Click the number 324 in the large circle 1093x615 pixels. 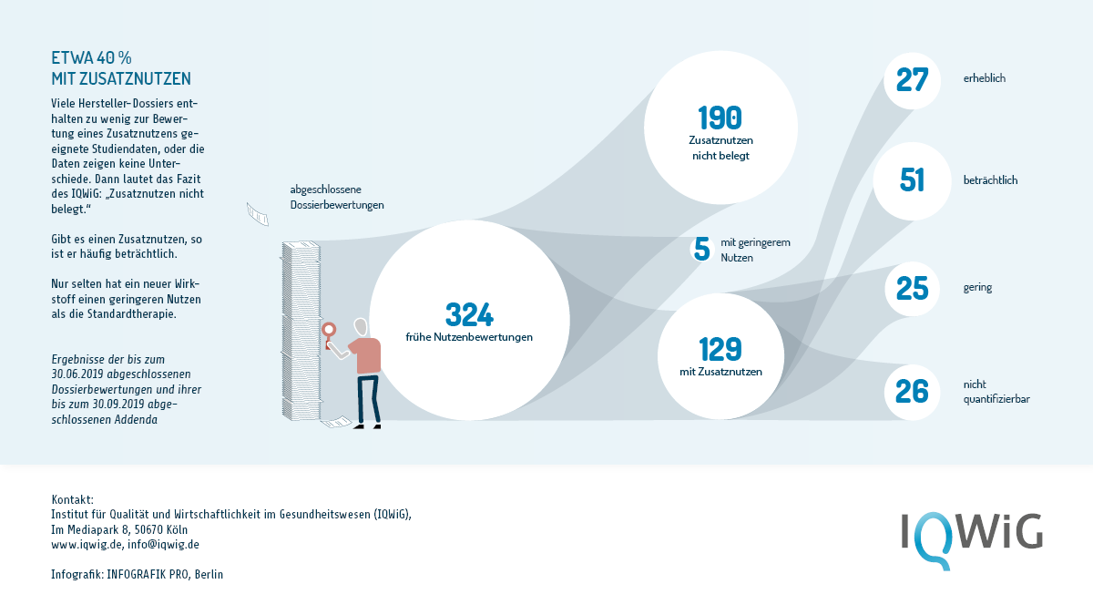click(469, 314)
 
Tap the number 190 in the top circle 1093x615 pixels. click(720, 118)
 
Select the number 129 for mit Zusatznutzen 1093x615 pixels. click(720, 349)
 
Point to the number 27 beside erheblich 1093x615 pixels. click(912, 80)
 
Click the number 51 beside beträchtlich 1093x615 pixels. click(912, 180)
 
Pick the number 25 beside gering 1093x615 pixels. click(912, 289)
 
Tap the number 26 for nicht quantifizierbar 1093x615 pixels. click(912, 392)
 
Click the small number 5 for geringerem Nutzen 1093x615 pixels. click(701, 249)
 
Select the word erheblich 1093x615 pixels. click(985, 78)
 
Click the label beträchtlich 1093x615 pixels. click(991, 180)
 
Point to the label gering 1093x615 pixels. click(977, 288)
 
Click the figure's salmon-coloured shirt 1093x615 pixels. click(365, 354)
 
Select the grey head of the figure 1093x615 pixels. click(361, 326)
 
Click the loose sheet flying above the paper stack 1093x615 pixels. click(257, 214)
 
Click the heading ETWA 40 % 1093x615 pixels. click(91, 58)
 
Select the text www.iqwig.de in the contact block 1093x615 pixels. click(87, 545)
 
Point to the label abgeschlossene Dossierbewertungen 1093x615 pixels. click(337, 197)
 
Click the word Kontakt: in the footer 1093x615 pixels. click(72, 499)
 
